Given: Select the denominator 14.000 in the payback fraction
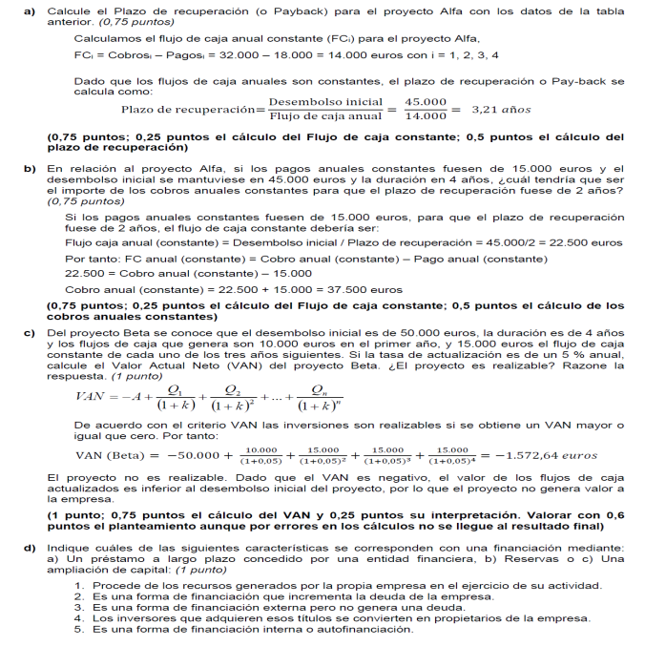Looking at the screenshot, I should [426, 116].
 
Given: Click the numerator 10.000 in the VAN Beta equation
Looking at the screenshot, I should [260, 449].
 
